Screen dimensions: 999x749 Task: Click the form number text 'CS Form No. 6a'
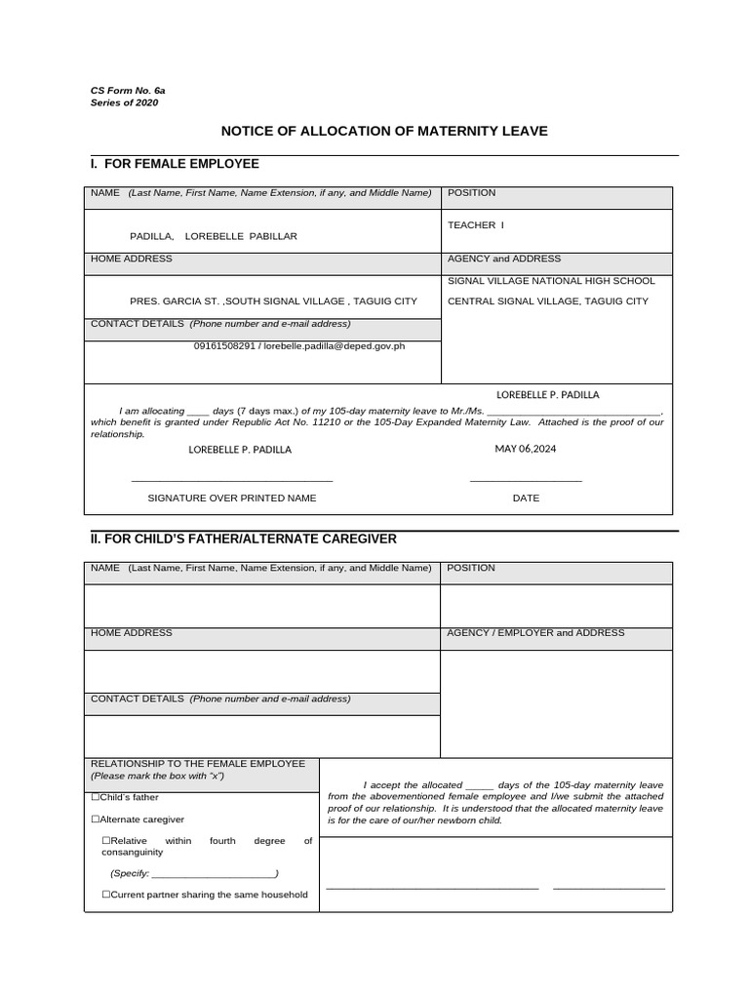point(128,90)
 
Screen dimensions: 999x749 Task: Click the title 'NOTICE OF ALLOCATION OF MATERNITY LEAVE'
point(384,131)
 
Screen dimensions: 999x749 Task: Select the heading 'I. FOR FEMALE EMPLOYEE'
point(175,164)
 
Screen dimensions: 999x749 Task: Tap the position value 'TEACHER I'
point(476,225)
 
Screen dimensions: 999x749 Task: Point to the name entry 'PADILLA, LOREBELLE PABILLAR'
point(214,236)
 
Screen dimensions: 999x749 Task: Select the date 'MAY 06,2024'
point(525,449)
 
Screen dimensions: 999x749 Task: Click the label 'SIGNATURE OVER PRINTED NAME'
point(232,498)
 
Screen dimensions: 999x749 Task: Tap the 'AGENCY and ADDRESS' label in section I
point(504,259)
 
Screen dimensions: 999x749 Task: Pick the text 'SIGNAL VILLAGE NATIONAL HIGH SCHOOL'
point(551,281)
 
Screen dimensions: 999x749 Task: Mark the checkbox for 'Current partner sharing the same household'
point(106,895)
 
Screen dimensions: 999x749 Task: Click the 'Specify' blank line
point(215,872)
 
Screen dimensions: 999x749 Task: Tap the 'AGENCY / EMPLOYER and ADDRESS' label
point(535,633)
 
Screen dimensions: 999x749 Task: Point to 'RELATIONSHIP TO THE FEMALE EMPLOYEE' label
point(198,763)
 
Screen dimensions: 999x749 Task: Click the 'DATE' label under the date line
point(526,498)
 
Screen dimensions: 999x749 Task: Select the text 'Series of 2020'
point(124,102)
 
